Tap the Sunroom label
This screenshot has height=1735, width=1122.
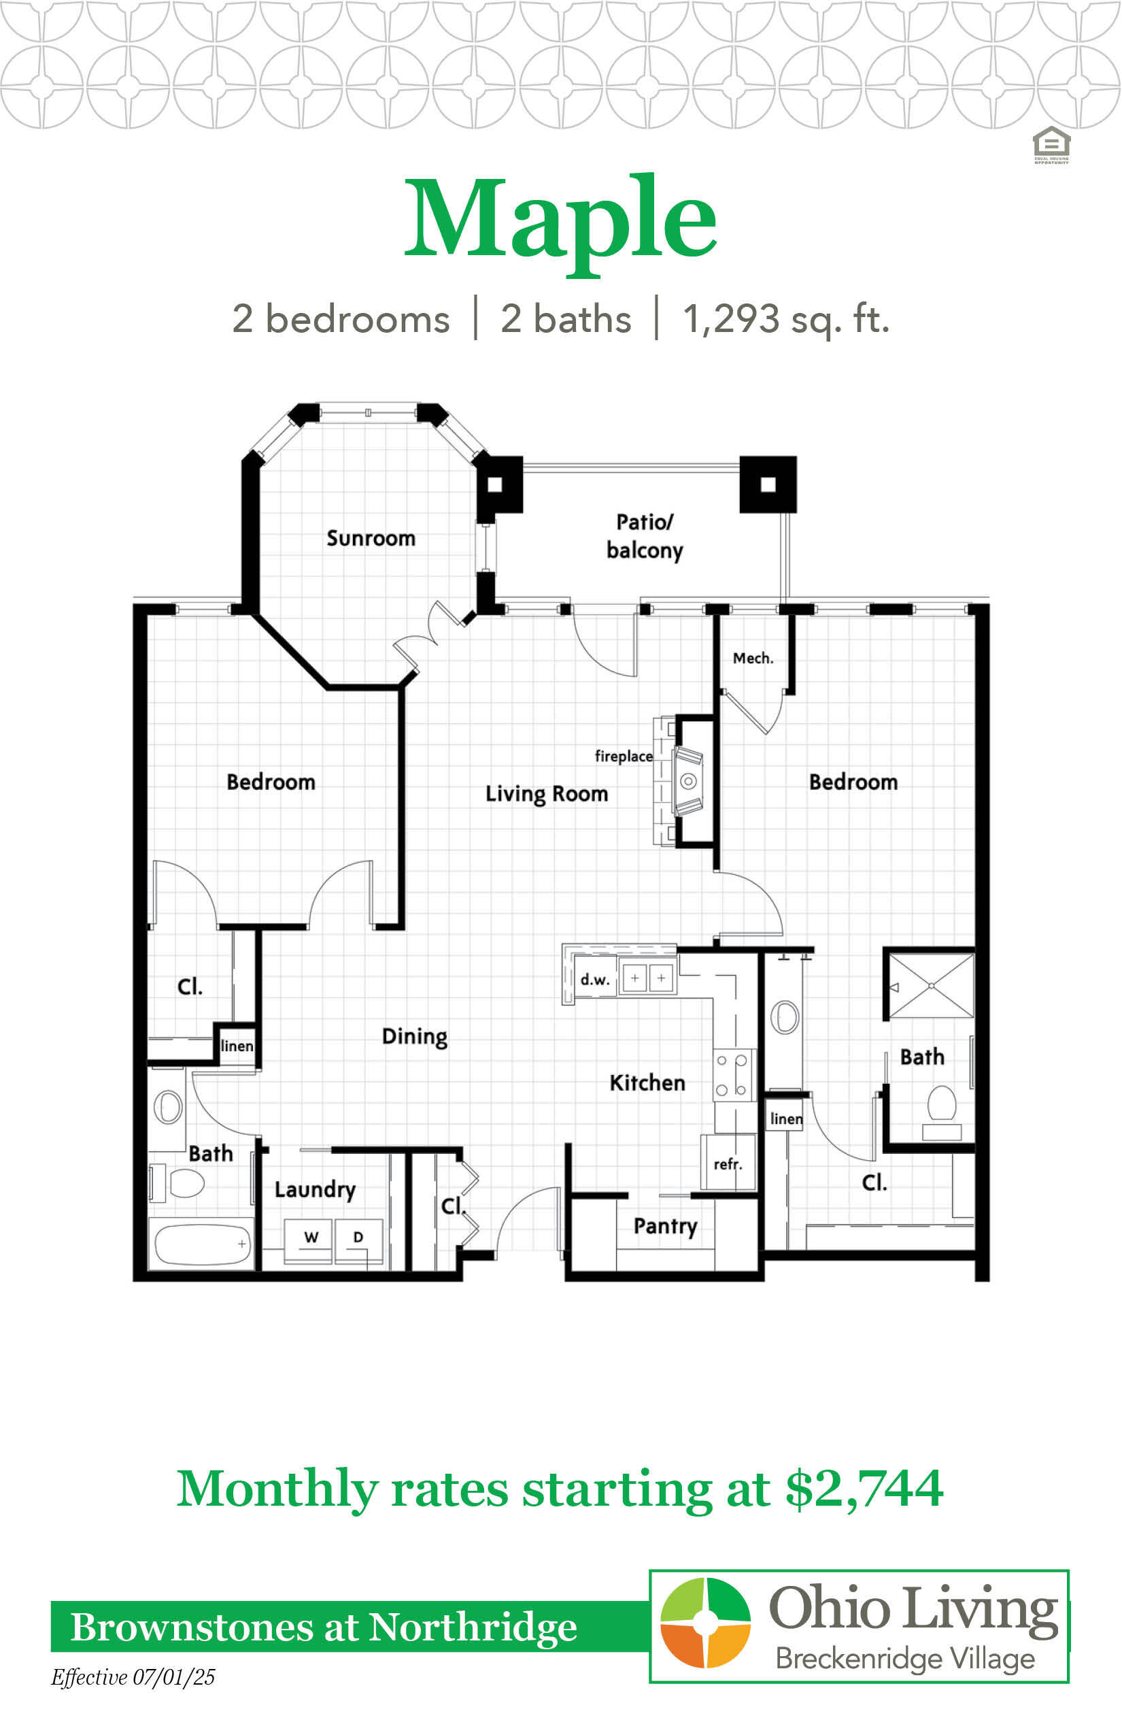point(371,538)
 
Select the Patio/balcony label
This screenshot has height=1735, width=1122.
point(645,536)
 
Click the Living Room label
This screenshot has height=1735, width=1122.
point(547,793)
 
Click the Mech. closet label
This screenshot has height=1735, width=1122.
point(753,659)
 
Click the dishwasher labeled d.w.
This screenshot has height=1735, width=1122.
point(595,980)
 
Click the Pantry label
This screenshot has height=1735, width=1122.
point(665,1225)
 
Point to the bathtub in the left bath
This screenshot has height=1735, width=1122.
point(202,1244)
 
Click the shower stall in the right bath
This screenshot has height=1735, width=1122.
point(930,986)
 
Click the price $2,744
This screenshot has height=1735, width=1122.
point(864,1489)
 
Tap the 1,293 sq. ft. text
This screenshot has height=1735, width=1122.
point(786,318)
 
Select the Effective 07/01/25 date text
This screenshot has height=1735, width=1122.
point(133,1676)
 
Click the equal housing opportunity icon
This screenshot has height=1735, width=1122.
point(1051,145)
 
